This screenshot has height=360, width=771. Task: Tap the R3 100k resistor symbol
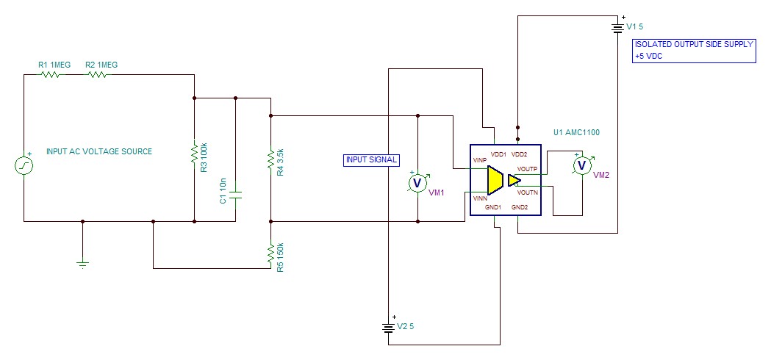tap(194, 153)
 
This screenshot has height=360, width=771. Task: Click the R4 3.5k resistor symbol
tap(271, 158)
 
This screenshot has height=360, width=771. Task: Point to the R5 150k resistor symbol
tap(271, 253)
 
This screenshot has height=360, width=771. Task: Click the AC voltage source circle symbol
tap(24, 166)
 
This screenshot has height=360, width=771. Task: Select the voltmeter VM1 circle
tap(417, 182)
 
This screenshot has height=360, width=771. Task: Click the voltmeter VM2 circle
tap(582, 166)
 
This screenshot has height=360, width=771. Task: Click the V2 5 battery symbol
tap(388, 327)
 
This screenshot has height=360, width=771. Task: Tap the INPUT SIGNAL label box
tap(371, 159)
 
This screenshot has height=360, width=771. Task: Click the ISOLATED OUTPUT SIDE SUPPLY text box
tap(694, 50)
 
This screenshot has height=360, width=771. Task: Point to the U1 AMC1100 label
tap(576, 133)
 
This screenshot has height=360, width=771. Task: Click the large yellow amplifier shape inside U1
tap(494, 180)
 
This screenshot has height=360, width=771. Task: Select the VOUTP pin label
tap(527, 169)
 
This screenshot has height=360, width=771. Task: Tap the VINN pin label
tap(480, 198)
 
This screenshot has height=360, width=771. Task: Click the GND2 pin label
tap(520, 208)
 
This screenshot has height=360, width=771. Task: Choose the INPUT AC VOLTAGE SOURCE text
tap(99, 152)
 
